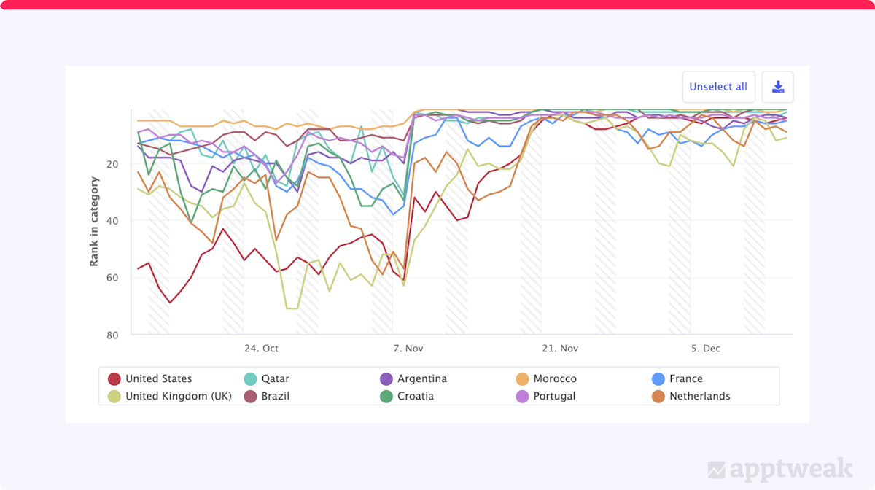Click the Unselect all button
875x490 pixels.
pos(718,87)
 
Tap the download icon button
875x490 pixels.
pos(778,87)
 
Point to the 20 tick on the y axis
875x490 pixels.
pos(112,164)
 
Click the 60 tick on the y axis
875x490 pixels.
pos(112,278)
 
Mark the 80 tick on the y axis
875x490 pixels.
pos(112,335)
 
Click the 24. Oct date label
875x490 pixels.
pos(261,349)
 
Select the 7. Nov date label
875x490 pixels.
pos(408,349)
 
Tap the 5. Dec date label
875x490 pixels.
pos(706,349)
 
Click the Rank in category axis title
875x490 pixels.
pos(94,221)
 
